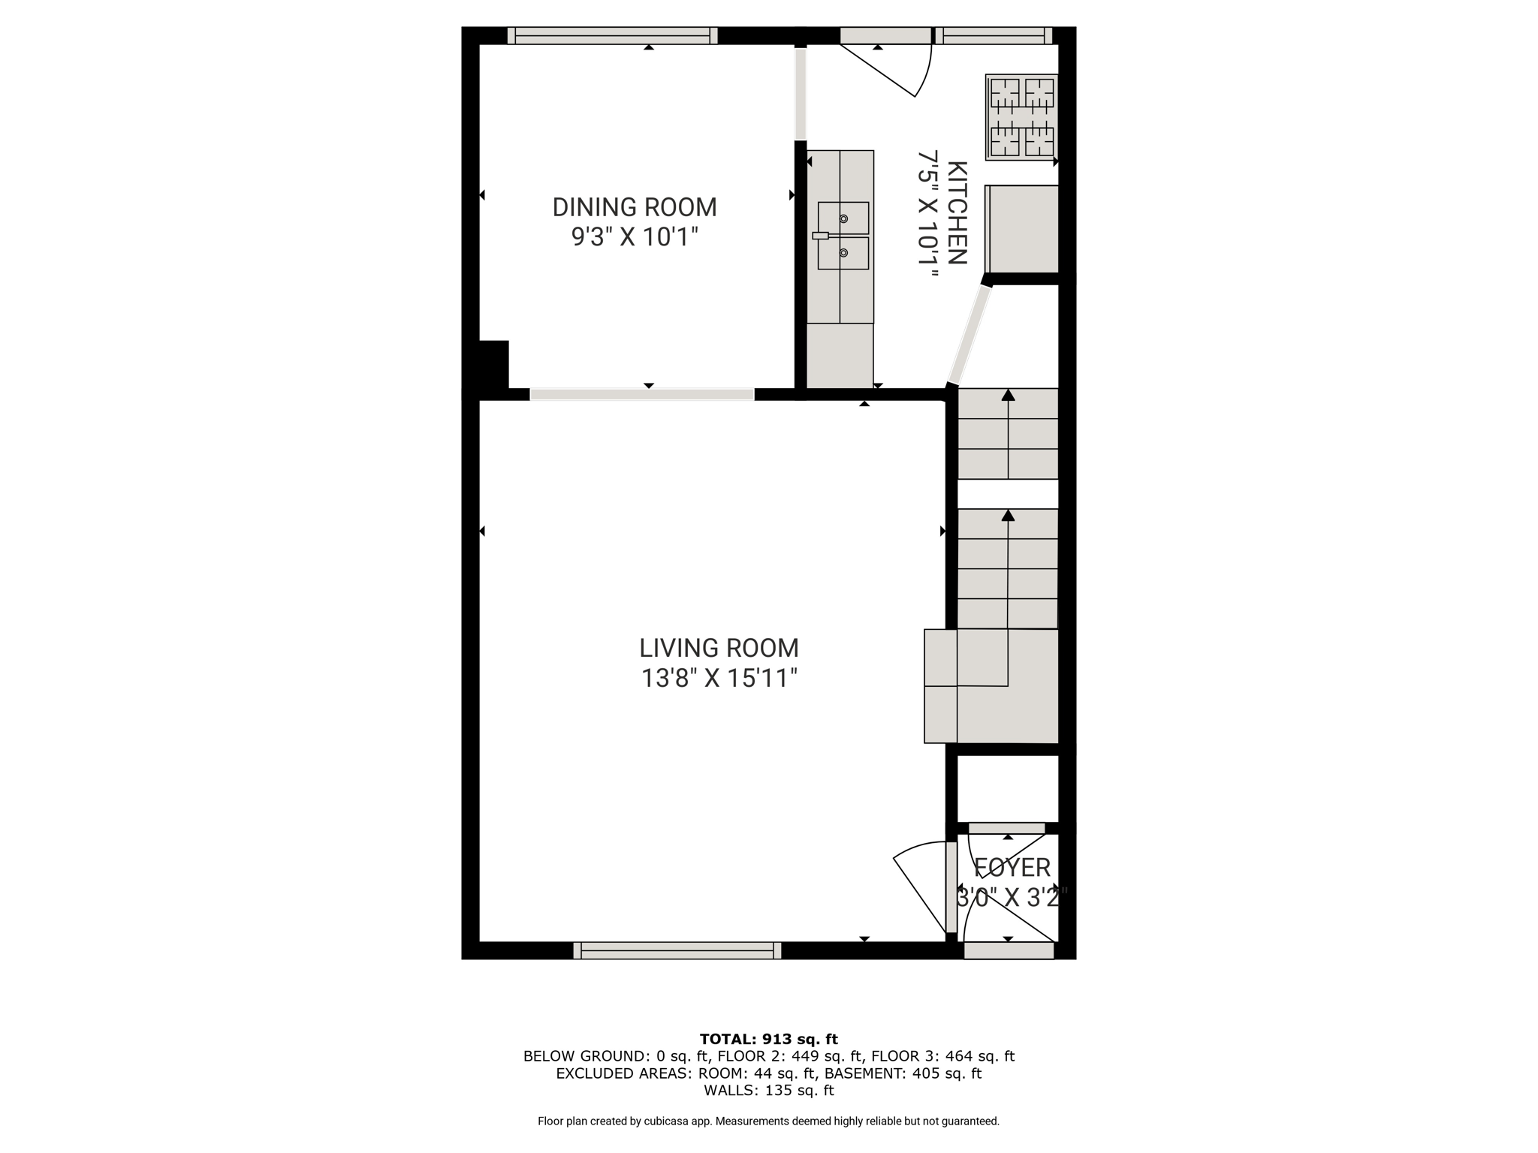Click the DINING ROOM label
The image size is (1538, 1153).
[x=635, y=207]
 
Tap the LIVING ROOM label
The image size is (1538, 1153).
[x=719, y=648]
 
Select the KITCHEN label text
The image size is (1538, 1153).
[x=956, y=212]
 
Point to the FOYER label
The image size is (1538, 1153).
[x=1012, y=868]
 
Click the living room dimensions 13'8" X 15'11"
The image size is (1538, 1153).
[x=719, y=679]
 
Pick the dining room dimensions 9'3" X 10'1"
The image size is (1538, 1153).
[x=635, y=237]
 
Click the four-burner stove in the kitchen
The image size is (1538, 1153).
[x=1021, y=117]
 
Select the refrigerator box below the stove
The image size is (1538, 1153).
[x=1021, y=229]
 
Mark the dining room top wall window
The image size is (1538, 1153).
[x=612, y=35]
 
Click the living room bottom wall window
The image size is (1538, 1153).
[x=677, y=950]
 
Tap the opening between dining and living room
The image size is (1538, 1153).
[x=642, y=394]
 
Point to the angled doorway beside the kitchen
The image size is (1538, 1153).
[x=970, y=335]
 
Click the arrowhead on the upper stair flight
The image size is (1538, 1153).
[x=1008, y=395]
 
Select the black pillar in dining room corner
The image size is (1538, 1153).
[x=493, y=364]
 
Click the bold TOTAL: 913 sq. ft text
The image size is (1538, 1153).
[x=769, y=1039]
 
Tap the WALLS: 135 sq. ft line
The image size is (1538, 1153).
[x=769, y=1091]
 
